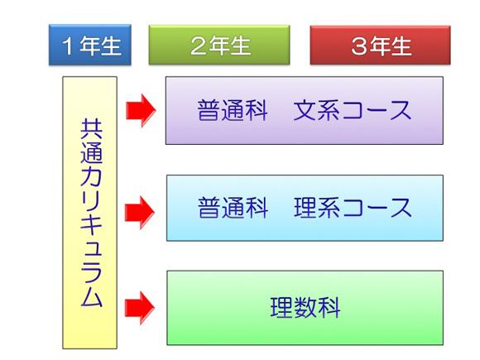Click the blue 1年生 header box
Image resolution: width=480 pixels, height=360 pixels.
pyautogui.click(x=90, y=45)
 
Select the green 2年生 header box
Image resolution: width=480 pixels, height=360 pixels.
pyautogui.click(x=219, y=45)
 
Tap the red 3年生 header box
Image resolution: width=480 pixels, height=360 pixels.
pyautogui.click(x=380, y=45)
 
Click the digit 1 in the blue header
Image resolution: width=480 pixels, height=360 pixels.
pyautogui.click(x=68, y=46)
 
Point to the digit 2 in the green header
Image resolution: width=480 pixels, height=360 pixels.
pyautogui.click(x=199, y=46)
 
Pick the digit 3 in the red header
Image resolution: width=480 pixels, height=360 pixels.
pyautogui.click(x=360, y=46)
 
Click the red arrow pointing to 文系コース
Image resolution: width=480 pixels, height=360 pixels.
pyautogui.click(x=141, y=110)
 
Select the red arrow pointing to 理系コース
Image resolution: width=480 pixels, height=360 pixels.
pyautogui.click(x=140, y=213)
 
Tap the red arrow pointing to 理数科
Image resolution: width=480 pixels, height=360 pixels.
pyautogui.click(x=140, y=308)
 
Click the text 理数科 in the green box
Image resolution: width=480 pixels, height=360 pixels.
pyautogui.click(x=305, y=307)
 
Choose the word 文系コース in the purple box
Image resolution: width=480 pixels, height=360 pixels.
pyautogui.click(x=352, y=110)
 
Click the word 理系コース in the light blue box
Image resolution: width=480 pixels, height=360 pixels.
pyautogui.click(x=353, y=208)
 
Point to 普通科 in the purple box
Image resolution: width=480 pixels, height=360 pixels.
pyautogui.click(x=233, y=110)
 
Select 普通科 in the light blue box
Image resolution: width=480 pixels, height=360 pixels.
pyautogui.click(x=233, y=208)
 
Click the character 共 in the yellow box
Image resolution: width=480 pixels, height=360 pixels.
pyautogui.click(x=91, y=129)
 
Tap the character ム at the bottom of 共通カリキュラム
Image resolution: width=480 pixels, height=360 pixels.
pyautogui.click(x=91, y=296)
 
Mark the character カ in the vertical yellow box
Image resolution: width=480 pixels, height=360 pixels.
pyautogui.click(x=91, y=175)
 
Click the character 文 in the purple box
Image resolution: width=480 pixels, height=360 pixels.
pyautogui.click(x=305, y=110)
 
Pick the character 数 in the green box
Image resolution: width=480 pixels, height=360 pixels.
pyautogui.click(x=305, y=307)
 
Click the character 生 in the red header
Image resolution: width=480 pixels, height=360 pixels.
pyautogui.click(x=401, y=46)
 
